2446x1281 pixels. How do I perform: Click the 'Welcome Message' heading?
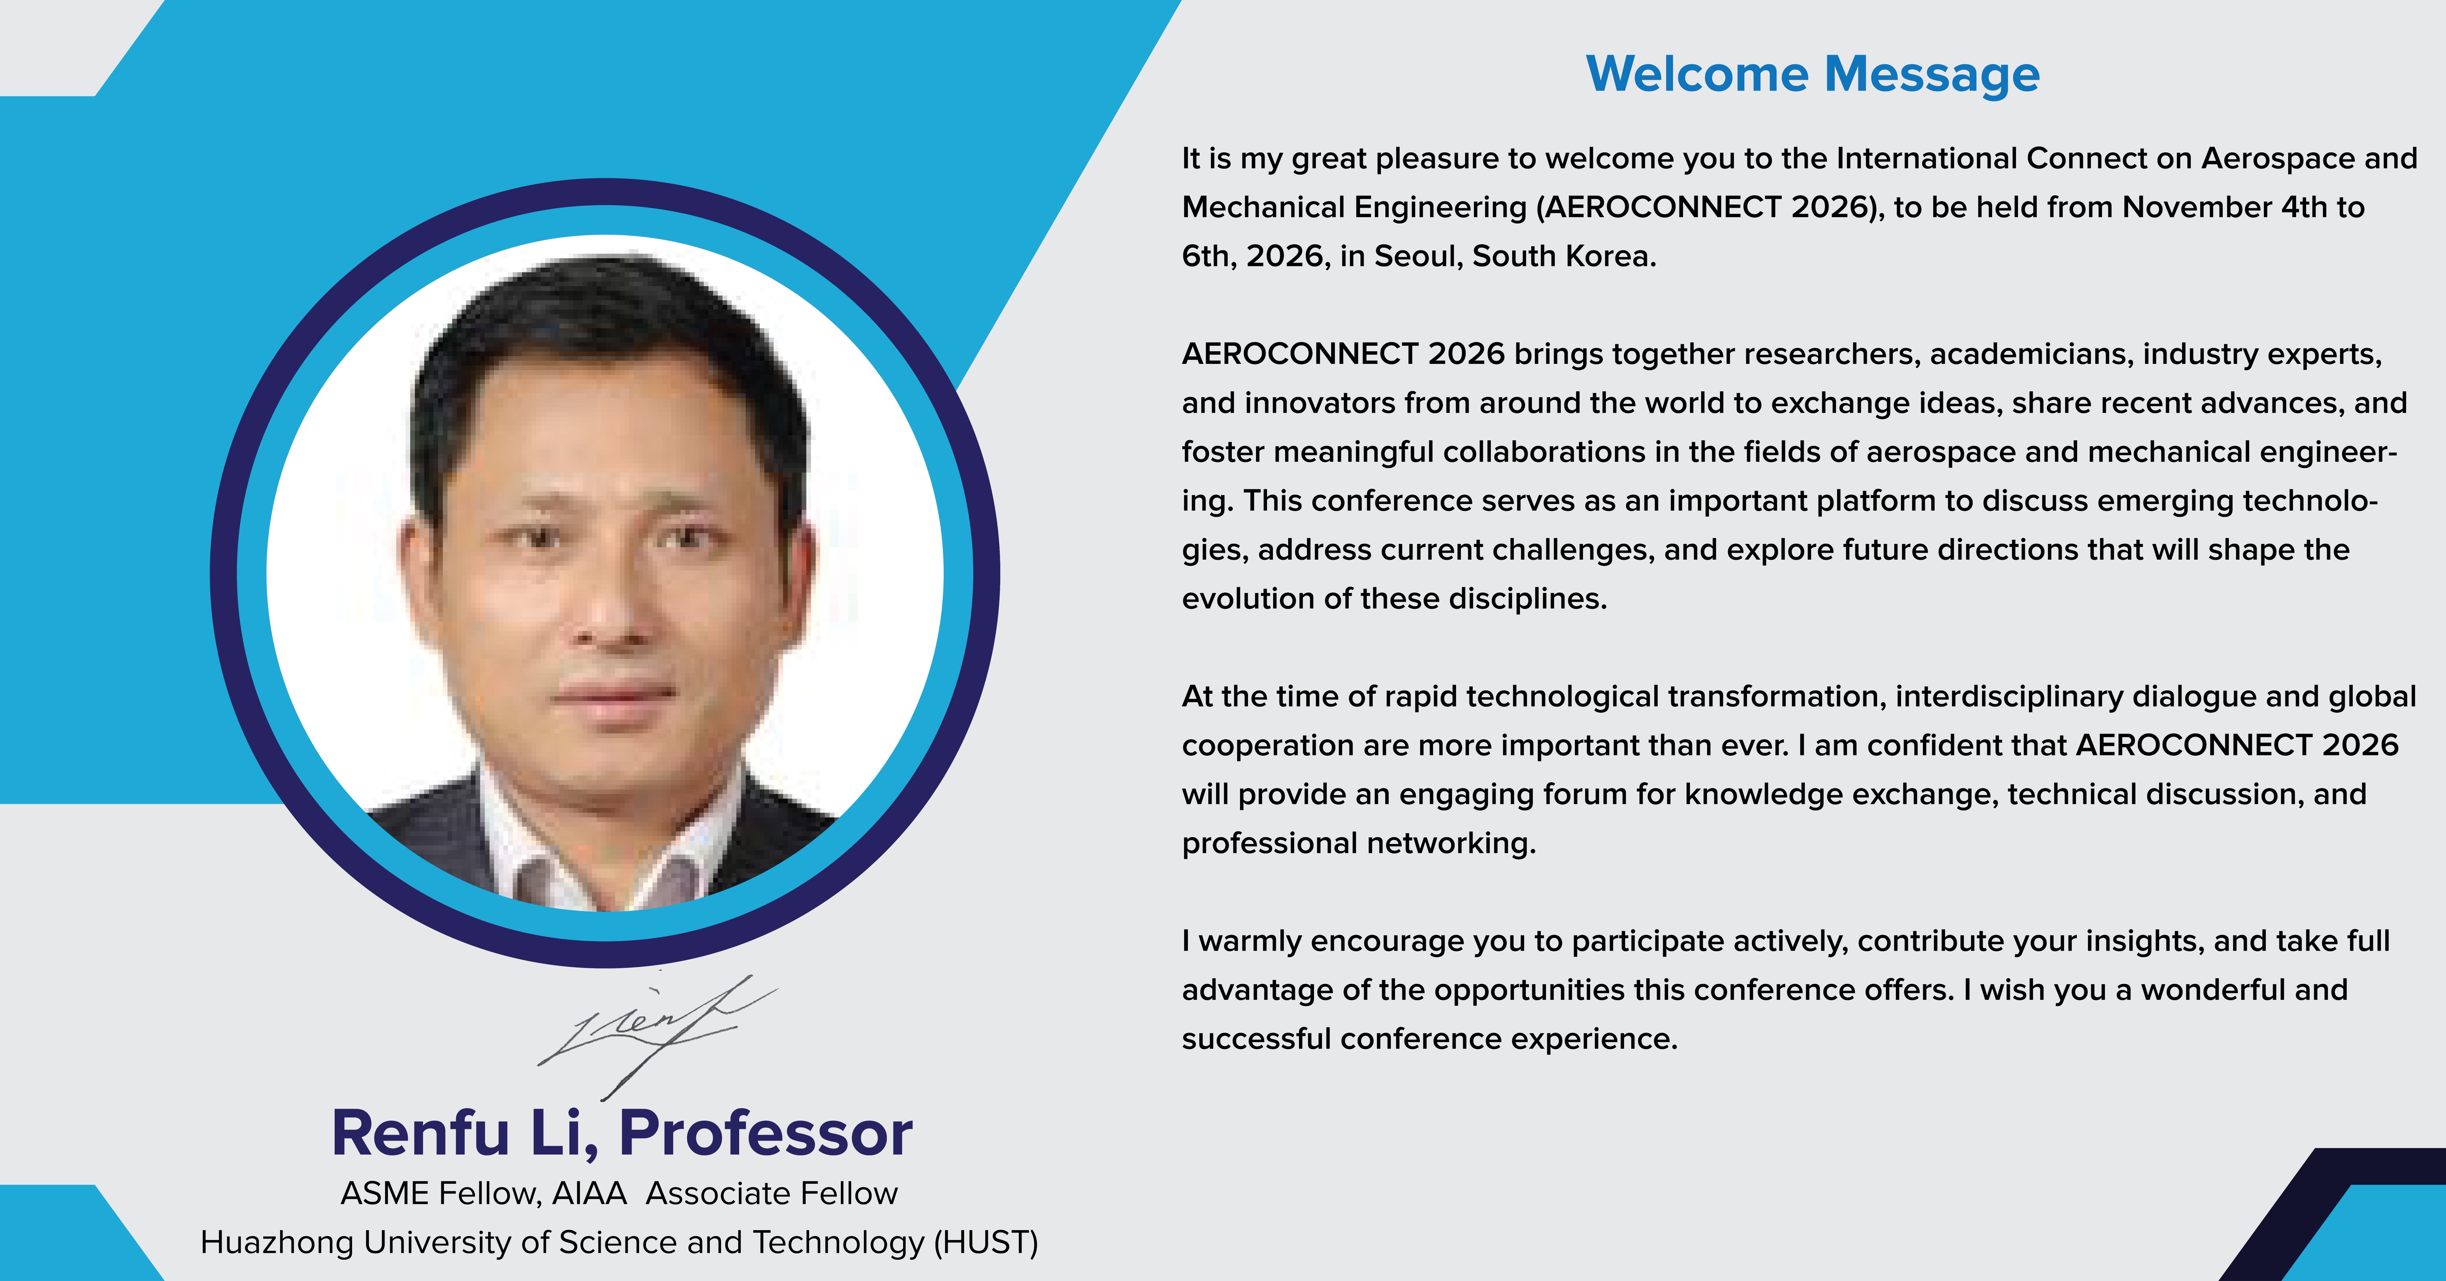pyautogui.click(x=1813, y=74)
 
